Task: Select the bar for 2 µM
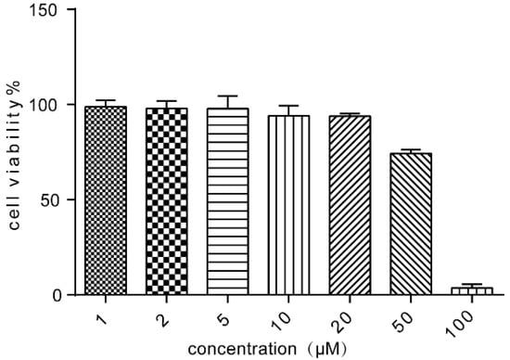(166, 201)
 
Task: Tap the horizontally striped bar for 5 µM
(227, 201)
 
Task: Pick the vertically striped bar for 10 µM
(288, 205)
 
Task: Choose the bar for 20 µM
(350, 205)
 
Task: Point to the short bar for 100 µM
(472, 290)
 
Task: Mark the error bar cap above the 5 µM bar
(227, 96)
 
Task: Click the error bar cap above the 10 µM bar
(288, 106)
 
